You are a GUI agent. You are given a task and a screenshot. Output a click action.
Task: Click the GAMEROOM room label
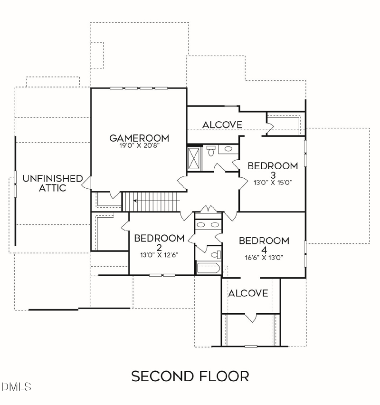point(139,138)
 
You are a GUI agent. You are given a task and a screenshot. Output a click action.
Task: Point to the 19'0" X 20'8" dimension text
point(139,145)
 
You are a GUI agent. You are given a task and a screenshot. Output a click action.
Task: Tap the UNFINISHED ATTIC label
point(53,183)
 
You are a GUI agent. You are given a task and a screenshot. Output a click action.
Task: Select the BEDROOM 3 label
point(273,170)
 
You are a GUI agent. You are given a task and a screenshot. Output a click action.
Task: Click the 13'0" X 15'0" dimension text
point(273,183)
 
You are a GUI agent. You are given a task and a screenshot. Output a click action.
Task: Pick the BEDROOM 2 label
point(159,242)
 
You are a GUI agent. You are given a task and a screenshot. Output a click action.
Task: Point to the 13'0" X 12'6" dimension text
point(159,255)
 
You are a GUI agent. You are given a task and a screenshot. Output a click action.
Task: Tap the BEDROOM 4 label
point(264,245)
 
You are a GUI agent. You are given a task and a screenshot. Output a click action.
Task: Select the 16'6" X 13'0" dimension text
point(264,258)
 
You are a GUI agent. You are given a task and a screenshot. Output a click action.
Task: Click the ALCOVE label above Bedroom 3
point(222,125)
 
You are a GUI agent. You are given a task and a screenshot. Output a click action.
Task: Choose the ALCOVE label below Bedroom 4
point(248,293)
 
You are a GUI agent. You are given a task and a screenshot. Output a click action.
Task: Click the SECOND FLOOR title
point(190,376)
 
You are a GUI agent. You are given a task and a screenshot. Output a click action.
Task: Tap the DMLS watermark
point(16,386)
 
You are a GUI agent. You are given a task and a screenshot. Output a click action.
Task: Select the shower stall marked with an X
point(194,159)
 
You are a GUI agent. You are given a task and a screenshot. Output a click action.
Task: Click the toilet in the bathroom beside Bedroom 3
point(211,151)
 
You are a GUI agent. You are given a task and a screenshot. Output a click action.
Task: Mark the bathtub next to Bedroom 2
point(208,268)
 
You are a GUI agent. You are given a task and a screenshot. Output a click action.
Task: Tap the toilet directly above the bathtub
point(216,255)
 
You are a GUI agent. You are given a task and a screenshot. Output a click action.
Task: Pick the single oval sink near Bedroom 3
point(228,149)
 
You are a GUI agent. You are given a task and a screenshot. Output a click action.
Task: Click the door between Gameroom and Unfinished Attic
point(87,182)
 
